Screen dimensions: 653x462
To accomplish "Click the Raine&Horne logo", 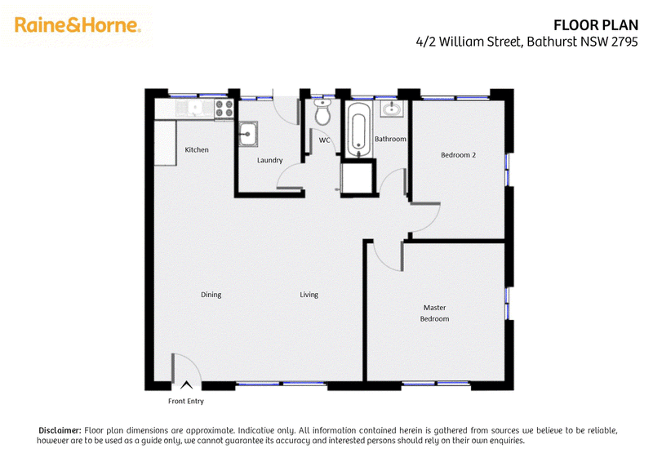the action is (78, 25).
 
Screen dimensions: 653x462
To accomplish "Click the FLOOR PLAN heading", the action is (596, 25).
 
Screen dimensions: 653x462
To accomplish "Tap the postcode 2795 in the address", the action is (624, 42).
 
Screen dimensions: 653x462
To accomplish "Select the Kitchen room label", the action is (197, 149).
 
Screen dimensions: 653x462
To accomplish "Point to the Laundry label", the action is (270, 160).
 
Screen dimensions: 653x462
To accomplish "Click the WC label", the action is (324, 140).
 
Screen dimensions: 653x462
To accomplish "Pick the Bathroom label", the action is (390, 139).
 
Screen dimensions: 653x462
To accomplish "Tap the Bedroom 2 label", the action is (458, 155).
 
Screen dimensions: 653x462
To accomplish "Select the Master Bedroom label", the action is (434, 313).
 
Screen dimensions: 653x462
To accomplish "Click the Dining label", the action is (211, 295).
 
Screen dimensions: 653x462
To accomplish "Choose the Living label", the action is (309, 295).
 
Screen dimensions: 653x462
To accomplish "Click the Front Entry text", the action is (186, 401).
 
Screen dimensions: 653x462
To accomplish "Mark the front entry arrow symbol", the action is (186, 385).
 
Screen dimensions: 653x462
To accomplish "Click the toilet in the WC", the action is (322, 112).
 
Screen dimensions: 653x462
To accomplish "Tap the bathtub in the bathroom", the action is (358, 129).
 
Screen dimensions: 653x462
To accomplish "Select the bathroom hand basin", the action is (392, 109).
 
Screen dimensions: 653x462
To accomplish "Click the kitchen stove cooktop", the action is (224, 109).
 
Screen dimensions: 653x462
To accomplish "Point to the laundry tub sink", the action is (248, 134).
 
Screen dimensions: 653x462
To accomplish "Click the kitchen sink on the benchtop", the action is (194, 109).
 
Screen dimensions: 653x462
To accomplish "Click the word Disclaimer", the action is (60, 430).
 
